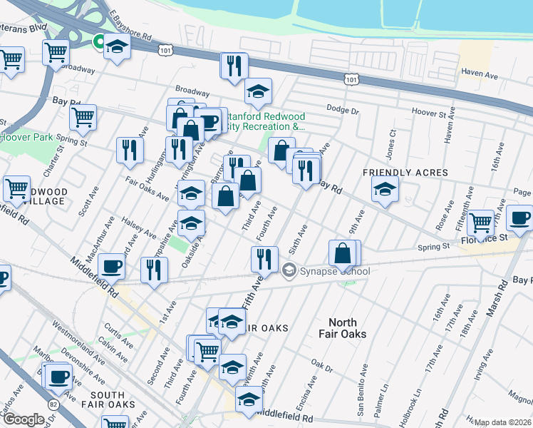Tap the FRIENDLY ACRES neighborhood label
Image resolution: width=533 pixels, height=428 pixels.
[x=405, y=173]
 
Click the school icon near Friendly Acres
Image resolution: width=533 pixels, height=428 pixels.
[x=385, y=189]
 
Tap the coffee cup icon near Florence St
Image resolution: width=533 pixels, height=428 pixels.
[x=519, y=218]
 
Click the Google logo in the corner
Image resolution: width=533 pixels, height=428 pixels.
[x=23, y=419]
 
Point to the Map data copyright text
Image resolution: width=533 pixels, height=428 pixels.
[x=502, y=422]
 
